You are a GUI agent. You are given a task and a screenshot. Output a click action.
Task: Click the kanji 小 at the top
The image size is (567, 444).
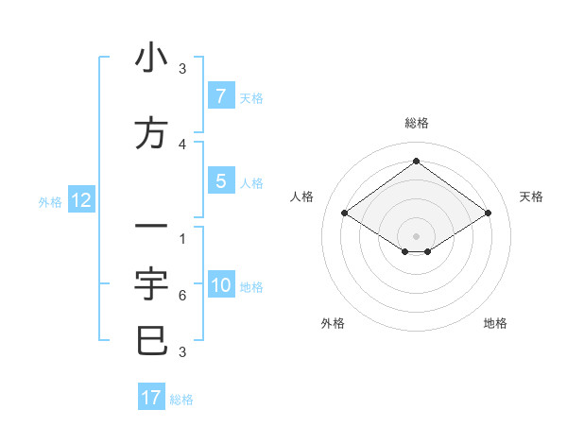click(151, 59)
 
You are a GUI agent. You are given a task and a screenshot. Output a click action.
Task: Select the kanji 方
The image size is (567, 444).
click(151, 133)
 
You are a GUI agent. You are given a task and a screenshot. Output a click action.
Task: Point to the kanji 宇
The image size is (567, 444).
click(151, 283)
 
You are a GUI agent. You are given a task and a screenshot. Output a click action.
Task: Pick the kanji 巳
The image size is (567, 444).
click(151, 340)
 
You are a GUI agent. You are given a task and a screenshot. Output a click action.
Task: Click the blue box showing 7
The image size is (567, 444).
click(220, 95)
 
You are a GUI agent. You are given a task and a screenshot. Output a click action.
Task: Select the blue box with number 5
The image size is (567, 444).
click(220, 181)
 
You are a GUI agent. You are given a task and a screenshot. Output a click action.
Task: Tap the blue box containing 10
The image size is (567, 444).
click(221, 286)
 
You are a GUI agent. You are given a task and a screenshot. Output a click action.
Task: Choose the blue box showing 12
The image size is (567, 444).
click(80, 200)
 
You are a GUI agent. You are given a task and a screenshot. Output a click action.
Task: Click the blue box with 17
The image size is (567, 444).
click(151, 398)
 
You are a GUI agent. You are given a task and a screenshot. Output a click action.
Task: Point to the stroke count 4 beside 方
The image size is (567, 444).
click(182, 144)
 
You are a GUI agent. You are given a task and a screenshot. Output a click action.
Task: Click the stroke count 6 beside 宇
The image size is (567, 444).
click(182, 296)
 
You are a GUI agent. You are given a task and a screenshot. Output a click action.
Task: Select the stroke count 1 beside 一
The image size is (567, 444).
click(182, 238)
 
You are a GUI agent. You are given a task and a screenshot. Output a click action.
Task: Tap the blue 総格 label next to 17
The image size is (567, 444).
click(181, 400)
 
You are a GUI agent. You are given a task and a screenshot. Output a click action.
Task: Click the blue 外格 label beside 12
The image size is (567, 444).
click(50, 201)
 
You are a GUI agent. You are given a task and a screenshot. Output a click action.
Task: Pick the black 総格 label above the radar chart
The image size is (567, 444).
click(416, 123)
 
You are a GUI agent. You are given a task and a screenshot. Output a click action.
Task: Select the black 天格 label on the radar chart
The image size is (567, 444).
click(532, 196)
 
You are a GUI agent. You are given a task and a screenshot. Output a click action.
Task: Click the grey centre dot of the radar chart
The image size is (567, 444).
click(416, 235)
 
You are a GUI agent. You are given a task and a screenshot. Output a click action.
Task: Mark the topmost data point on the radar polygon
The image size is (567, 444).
click(416, 162)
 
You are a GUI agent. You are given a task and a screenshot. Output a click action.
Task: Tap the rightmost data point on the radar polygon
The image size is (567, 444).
click(488, 213)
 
